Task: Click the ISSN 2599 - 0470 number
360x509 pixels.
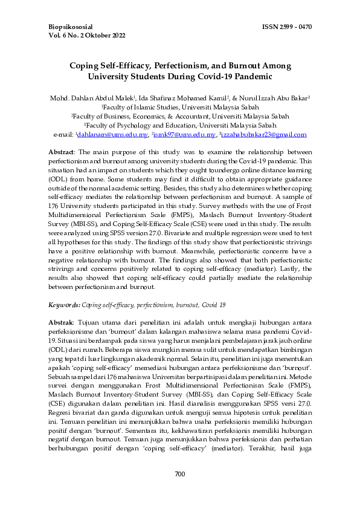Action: pos(288,27)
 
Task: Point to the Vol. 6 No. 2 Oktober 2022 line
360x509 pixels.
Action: pos(87,36)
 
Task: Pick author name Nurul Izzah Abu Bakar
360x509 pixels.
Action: pos(269,97)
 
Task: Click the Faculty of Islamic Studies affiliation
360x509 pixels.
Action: pos(179,107)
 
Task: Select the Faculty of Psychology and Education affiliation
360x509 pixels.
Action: pos(179,125)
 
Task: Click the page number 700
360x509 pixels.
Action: pos(179,491)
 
